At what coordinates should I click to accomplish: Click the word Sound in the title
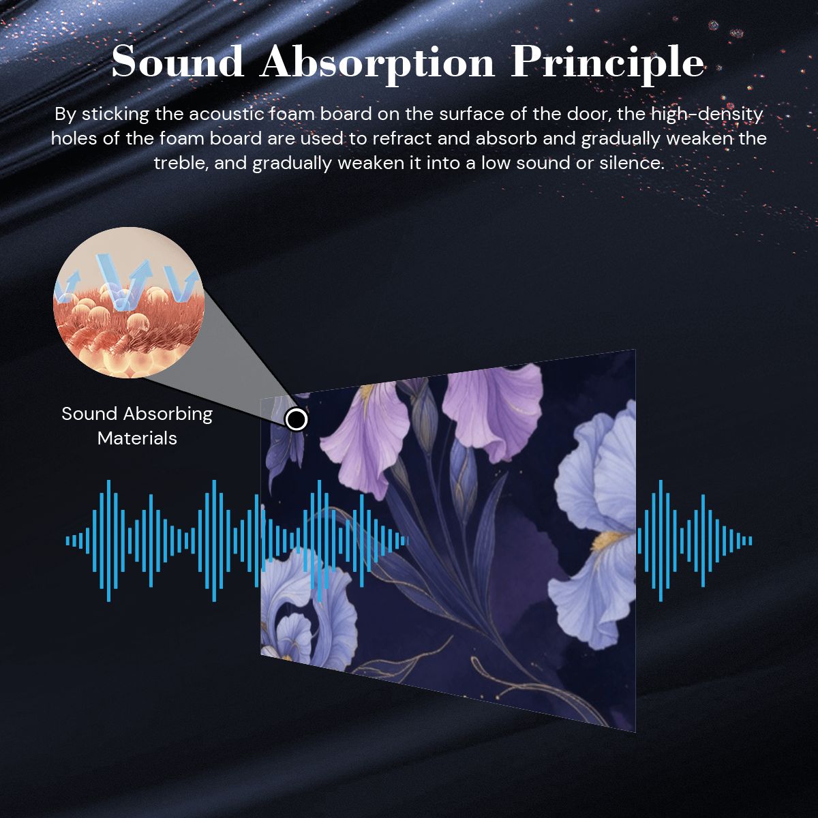click(177, 63)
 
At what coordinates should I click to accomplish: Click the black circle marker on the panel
click(297, 419)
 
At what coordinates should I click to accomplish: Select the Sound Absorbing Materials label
click(137, 426)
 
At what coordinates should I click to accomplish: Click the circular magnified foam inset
click(129, 302)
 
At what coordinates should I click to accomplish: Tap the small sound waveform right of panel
click(695, 541)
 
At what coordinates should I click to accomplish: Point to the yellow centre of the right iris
click(608, 541)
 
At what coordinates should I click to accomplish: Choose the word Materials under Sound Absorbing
click(137, 438)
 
